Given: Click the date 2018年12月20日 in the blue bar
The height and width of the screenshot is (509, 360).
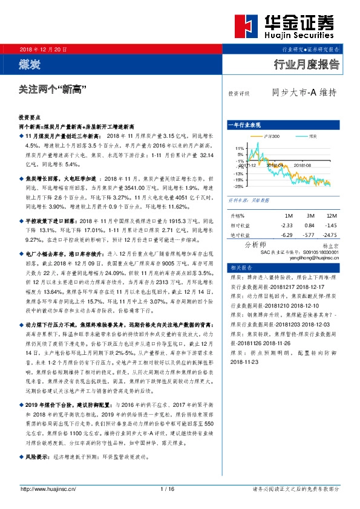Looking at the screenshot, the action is (x=44, y=48).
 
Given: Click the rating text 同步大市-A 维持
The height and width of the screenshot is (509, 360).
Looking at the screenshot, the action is (x=304, y=93).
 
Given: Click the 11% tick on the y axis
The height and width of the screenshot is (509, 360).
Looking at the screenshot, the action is (x=239, y=148).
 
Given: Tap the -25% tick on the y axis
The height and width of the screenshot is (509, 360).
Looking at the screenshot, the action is (x=239, y=187).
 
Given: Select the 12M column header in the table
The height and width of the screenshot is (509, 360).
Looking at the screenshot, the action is (x=330, y=215).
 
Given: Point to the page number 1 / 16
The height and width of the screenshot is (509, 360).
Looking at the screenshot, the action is (x=168, y=489).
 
